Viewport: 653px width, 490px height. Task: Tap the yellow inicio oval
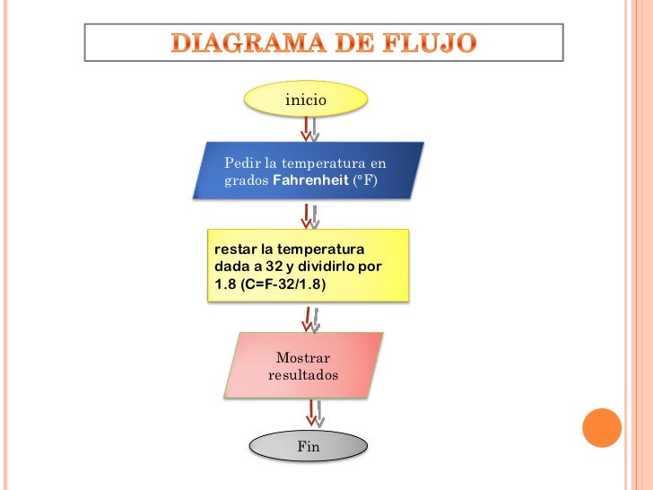coord(306,100)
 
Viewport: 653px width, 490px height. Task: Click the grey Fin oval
coord(308,446)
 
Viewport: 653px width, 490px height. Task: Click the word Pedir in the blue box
coord(239,163)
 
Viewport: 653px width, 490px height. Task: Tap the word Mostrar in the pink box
coord(303,358)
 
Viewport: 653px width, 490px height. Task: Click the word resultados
coord(303,375)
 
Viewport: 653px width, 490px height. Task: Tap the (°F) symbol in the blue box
coord(365,180)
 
